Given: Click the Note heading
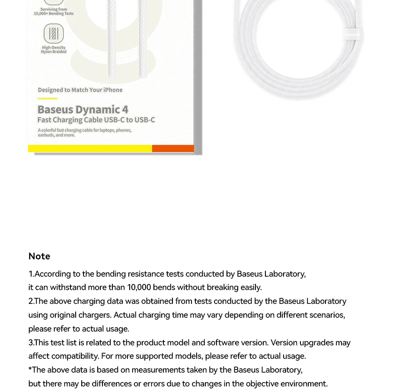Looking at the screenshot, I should [39, 256].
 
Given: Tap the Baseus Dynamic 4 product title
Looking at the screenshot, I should [83, 109].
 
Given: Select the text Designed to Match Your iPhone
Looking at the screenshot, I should [80, 90].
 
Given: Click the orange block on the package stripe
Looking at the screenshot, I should [173, 148].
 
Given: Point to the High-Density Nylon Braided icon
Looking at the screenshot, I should [54, 33].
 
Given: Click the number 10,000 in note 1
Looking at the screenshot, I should [139, 287].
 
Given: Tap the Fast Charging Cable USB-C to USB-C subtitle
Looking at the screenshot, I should [96, 120].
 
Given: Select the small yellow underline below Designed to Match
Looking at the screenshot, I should [48, 99].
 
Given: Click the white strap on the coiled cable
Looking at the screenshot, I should [352, 34].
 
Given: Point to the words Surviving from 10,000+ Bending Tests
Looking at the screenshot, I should [54, 11].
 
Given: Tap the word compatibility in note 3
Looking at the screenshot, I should [75, 356].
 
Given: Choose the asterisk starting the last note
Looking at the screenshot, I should [30, 370].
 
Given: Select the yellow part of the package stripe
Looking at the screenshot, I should [90, 148].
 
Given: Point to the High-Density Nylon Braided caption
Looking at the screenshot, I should [54, 50].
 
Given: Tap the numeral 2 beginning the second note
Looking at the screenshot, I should [30, 301].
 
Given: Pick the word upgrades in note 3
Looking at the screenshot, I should [316, 343].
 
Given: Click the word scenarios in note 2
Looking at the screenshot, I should [326, 315].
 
